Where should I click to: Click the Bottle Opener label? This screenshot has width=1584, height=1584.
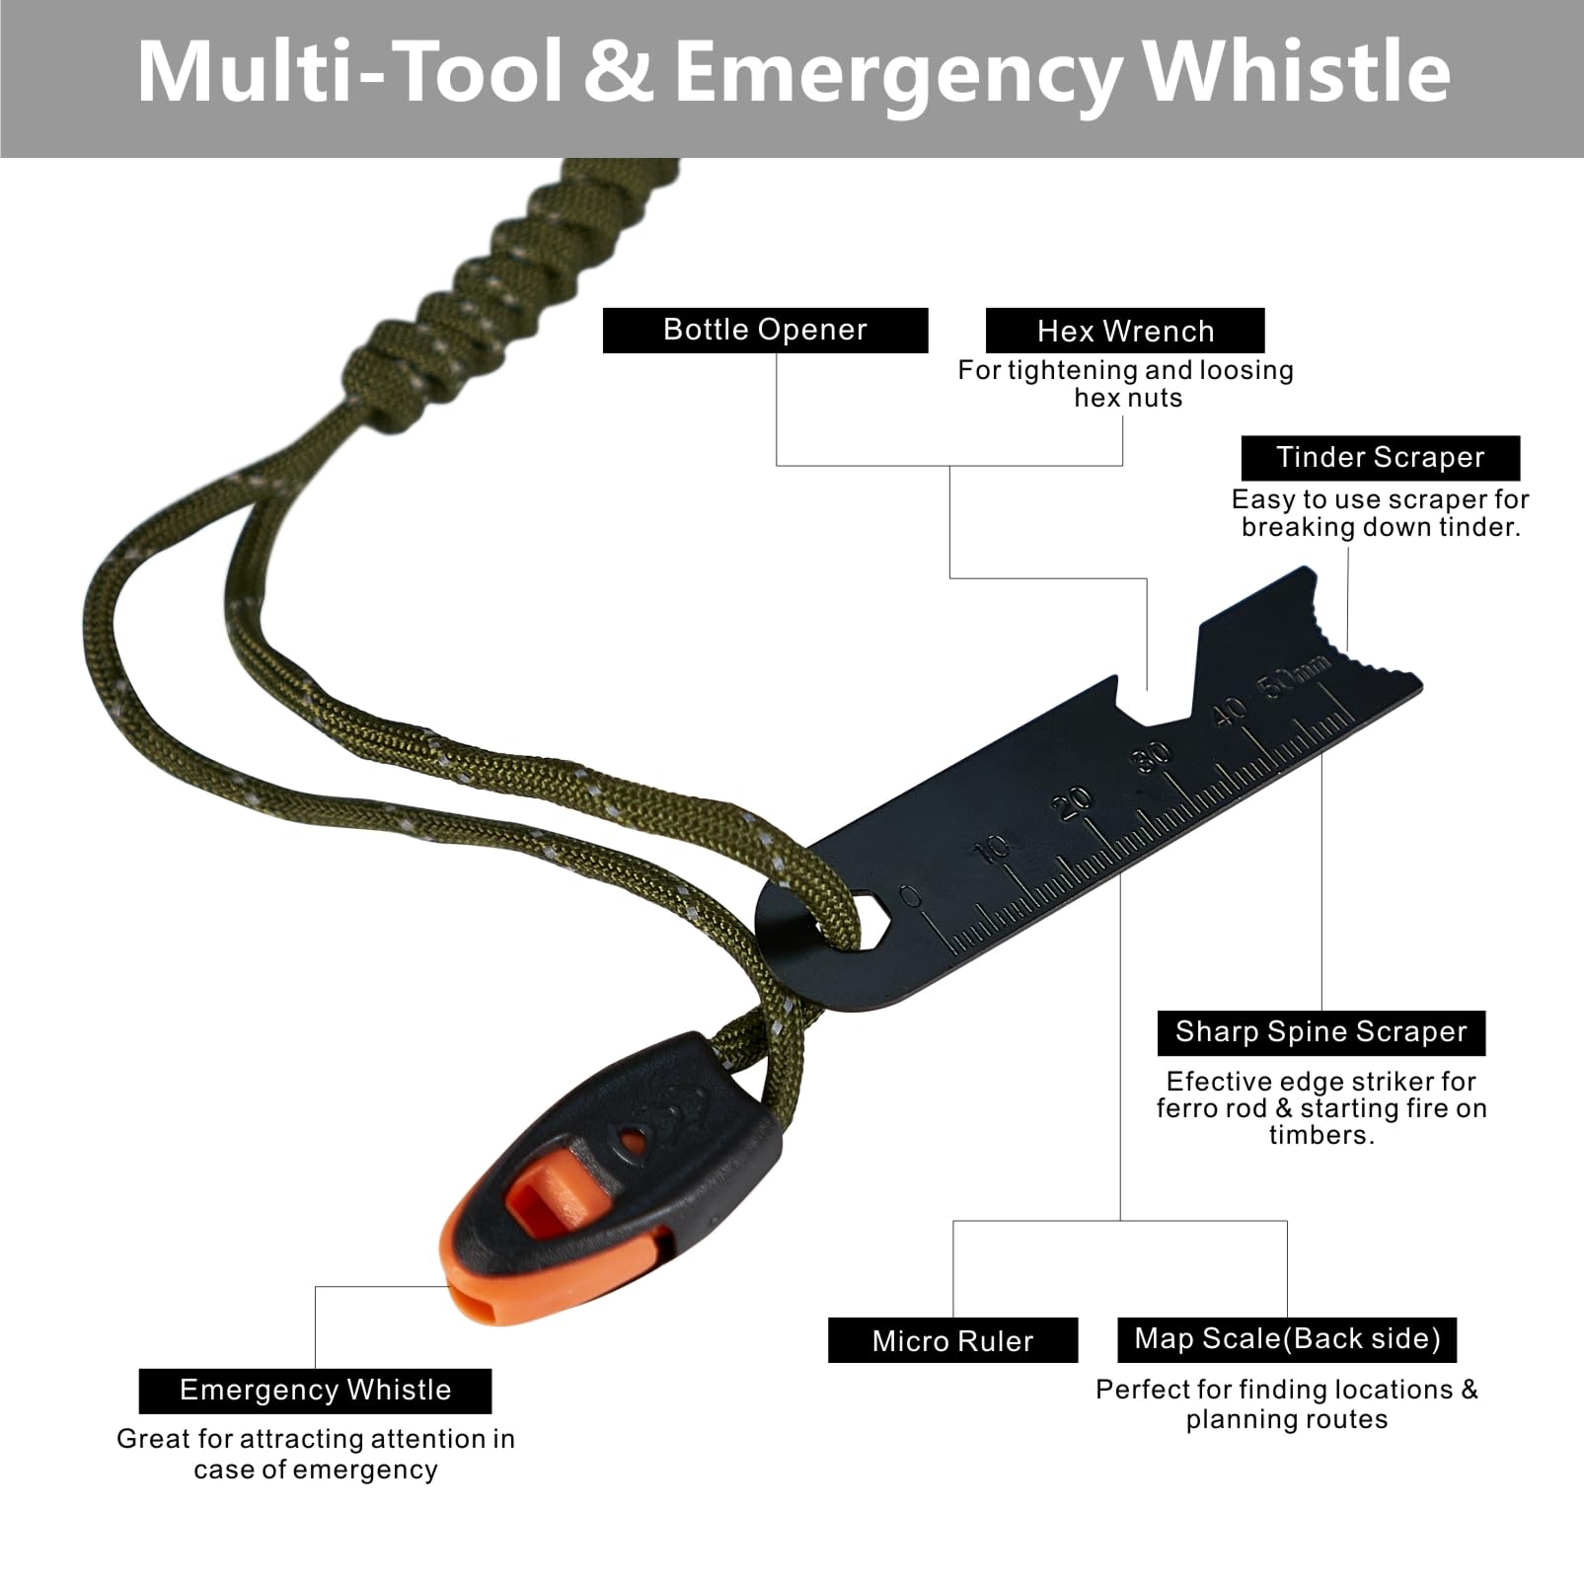coord(765,330)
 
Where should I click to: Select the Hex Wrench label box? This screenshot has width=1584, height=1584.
coord(1125,331)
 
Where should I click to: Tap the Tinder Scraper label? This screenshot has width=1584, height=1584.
coord(1380,458)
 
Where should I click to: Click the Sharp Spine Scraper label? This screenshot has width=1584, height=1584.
coord(1320,1032)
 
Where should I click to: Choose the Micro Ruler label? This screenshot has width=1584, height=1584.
coord(952,1340)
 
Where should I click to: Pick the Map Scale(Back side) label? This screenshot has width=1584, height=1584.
coord(1287,1339)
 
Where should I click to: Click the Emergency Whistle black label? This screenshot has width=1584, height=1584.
coord(315,1391)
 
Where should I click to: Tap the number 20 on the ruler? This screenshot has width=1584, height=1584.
coord(1073,801)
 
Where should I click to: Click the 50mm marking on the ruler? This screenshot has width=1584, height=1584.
coord(1293,678)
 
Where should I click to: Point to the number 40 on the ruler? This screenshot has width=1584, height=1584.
coord(1228,712)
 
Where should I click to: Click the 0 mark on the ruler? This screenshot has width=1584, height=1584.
coord(911,896)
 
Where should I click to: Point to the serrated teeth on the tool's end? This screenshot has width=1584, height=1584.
coord(1347,632)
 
